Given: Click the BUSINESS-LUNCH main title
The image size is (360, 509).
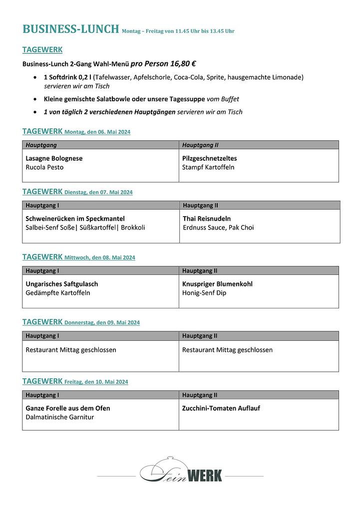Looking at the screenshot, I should pos(70,29).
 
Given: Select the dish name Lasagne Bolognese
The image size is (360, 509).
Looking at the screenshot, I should pos(54,158).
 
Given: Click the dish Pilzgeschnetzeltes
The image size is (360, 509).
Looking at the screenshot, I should pos(209,158).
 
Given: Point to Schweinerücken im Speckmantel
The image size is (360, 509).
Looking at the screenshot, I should pos(75,219).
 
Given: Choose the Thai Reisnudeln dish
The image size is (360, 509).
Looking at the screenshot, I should pos(207,219).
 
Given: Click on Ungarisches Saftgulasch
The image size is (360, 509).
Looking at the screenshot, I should pos(61,284).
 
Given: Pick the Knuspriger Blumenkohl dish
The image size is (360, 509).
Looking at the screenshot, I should pos(217,284).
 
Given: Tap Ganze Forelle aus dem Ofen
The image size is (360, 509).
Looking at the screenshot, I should pos(68,408).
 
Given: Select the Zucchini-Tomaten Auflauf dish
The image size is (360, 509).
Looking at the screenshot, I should pos(221,408).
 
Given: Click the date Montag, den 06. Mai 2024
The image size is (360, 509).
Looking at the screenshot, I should pos(97,132).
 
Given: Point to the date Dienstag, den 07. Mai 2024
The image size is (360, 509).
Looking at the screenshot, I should pos(98,192).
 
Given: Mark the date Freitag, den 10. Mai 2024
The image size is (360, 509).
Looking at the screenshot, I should pos(96,382).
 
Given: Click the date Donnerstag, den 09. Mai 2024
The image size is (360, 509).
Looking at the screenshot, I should pos(102,323).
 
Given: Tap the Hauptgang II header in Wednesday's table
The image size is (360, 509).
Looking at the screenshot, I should pos(200,271).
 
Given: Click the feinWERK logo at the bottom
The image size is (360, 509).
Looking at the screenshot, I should pos(181,473).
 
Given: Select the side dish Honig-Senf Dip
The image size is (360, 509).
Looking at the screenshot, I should pos(204,293).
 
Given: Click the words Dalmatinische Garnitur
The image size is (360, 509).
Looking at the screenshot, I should pos(59,417).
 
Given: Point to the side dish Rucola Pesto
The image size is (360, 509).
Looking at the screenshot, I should pos(44,167).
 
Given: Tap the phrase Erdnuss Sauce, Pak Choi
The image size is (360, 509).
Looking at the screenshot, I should pos(218,228).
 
